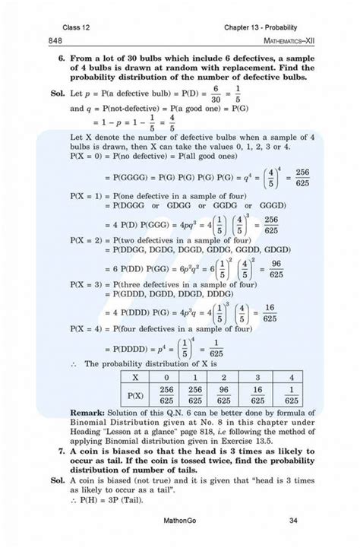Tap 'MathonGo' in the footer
click(x=180, y=521)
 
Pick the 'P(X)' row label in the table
click(x=134, y=394)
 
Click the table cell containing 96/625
click(x=224, y=394)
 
